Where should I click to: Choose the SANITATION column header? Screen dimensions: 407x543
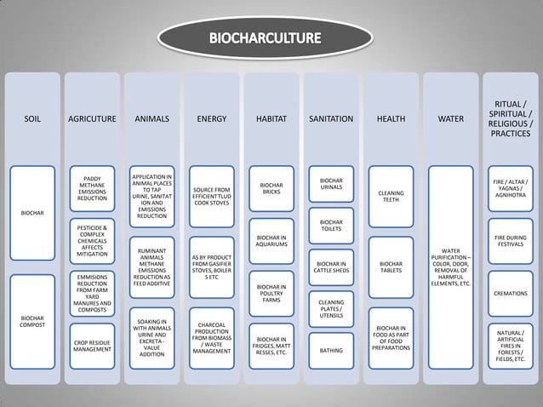coord(331,119)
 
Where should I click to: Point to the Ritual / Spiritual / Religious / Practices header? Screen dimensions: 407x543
coord(511,119)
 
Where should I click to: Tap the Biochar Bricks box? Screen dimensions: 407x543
coord(271,188)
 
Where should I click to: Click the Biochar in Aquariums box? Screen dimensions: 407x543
coord(271,241)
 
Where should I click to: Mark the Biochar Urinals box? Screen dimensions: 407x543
coord(331,183)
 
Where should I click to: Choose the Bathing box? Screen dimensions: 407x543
coord(331,350)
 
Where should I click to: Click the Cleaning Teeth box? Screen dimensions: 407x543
coord(391,197)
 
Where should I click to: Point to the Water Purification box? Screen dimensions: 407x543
coord(450,268)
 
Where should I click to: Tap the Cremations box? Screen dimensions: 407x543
coord(511,294)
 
